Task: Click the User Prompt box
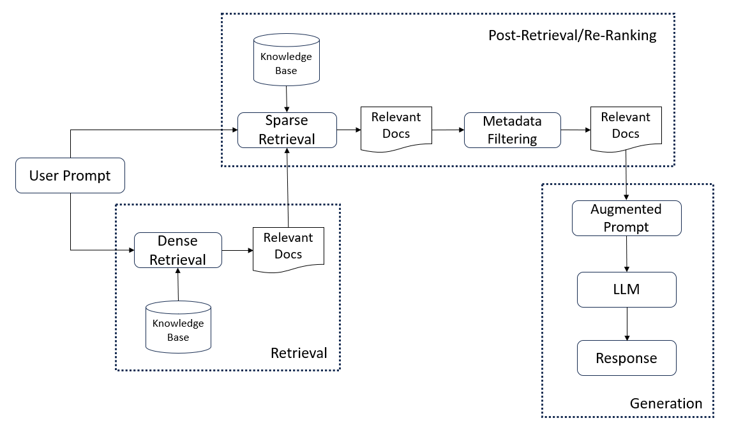[70, 175]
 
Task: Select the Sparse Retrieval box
[287, 130]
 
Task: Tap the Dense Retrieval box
[178, 250]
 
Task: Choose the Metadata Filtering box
[512, 130]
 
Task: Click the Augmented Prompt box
[626, 218]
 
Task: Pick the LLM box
[626, 290]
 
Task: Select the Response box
[626, 358]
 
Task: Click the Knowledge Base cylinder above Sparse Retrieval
[287, 60]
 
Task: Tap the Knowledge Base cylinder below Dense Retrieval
[178, 327]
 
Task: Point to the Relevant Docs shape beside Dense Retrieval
[289, 249]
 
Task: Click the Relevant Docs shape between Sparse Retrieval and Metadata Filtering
[396, 128]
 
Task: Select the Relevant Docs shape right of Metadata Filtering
[626, 128]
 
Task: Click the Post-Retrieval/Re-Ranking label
[573, 36]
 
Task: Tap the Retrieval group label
[299, 353]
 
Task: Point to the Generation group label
[666, 403]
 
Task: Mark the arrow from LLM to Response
[627, 324]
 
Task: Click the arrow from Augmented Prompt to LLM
[626, 254]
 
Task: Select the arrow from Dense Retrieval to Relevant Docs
[237, 250]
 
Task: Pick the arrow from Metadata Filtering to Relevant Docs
[576, 130]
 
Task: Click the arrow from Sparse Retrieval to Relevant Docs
[349, 130]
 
